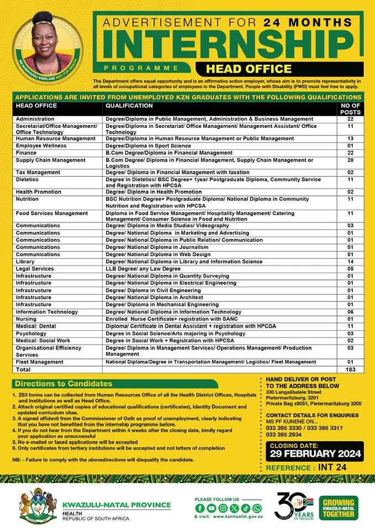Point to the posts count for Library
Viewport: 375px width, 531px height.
[x=350, y=261]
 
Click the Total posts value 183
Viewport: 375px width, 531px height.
[x=350, y=369]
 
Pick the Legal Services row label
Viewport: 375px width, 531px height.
[x=35, y=268]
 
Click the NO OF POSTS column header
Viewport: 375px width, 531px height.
[x=350, y=108]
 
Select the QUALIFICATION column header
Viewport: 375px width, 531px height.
[x=129, y=105]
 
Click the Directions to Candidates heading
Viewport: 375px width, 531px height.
[x=64, y=383]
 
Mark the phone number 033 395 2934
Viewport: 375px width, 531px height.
[x=284, y=434]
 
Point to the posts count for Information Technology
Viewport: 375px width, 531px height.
[x=350, y=311]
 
